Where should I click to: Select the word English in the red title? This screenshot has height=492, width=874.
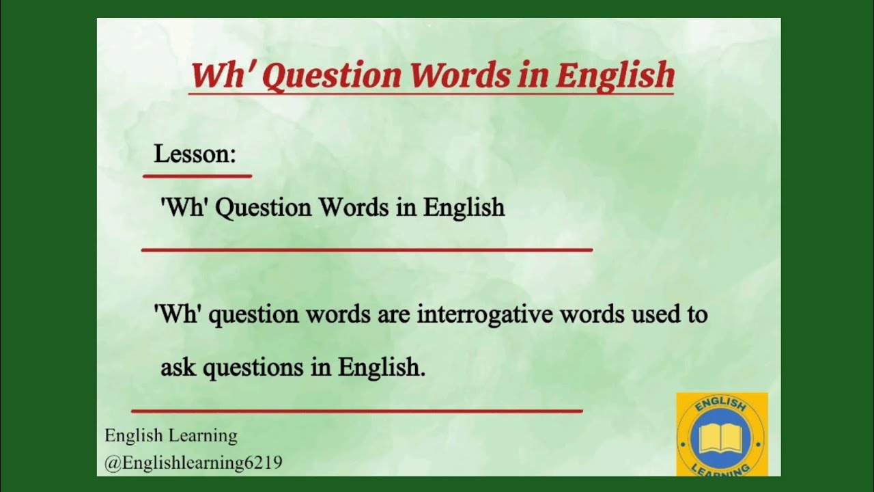[x=615, y=76]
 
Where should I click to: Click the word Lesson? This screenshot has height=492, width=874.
[x=195, y=154]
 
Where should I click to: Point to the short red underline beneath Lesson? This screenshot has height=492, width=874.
[x=197, y=176]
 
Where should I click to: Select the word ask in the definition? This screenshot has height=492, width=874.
[x=178, y=368]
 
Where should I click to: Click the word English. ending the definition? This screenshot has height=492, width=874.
[x=382, y=368]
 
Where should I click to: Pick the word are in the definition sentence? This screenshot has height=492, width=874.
[x=393, y=314]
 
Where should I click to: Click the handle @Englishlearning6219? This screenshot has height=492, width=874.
[x=193, y=463]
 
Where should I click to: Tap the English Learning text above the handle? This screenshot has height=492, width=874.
[x=171, y=436]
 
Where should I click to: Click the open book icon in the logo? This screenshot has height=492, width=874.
[x=721, y=439]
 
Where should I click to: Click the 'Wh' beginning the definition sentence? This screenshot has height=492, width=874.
[x=178, y=314]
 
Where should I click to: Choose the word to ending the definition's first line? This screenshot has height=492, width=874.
[x=696, y=314]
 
